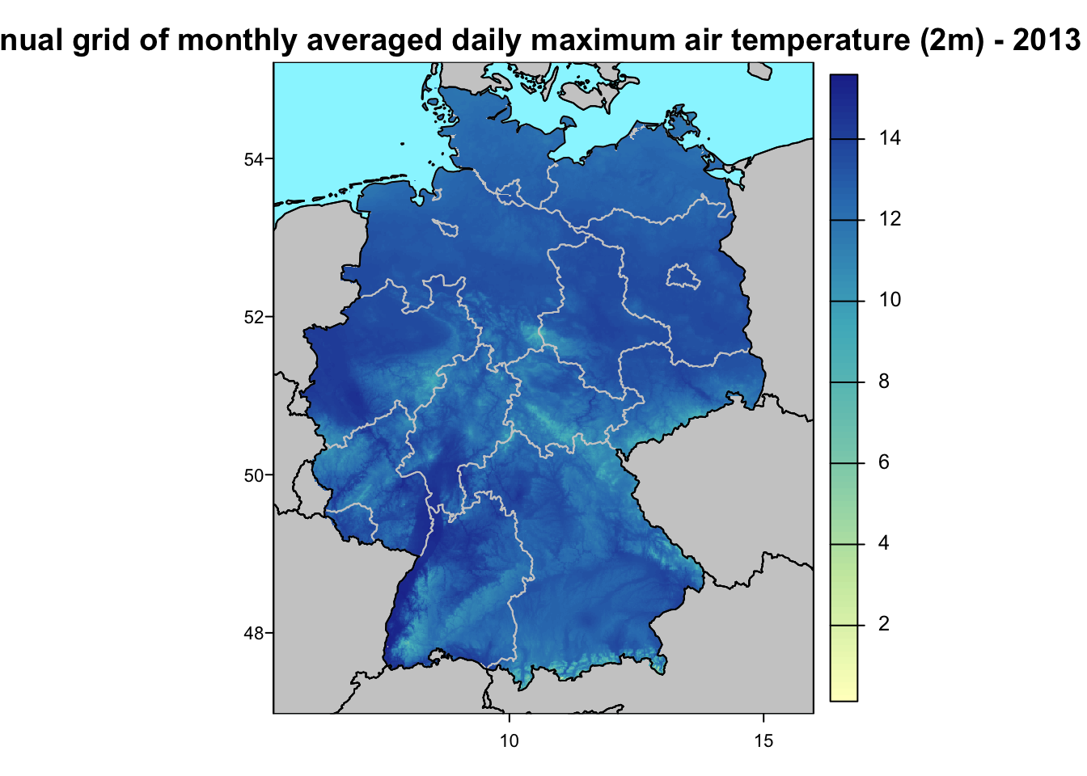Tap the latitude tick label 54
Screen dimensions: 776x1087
(254, 159)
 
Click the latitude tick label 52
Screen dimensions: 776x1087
(254, 317)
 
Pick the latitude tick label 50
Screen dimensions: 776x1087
(254, 475)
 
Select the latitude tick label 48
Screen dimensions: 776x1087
(254, 633)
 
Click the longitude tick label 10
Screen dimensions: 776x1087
(509, 740)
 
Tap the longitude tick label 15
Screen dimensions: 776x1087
(763, 740)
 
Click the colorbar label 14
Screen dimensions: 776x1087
(890, 138)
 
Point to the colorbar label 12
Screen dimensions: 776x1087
(890, 219)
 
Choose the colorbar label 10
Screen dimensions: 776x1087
(890, 300)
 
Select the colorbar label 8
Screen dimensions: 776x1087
(884, 382)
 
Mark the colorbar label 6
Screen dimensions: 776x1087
(884, 462)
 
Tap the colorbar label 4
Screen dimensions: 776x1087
(884, 543)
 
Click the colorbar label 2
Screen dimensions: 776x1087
(884, 624)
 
